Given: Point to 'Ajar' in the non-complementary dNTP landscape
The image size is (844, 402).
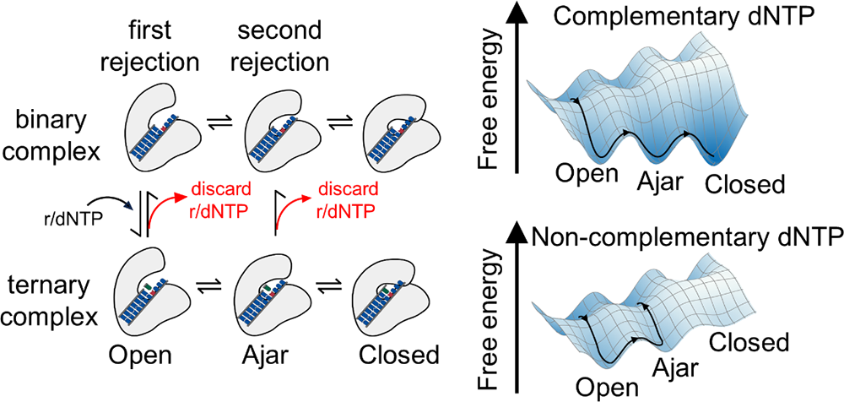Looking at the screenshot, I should pos(679,366).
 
